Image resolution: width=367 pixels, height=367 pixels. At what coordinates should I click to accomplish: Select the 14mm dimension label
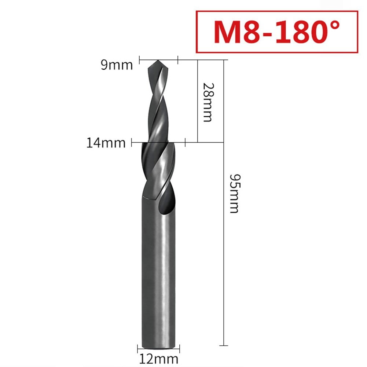106,142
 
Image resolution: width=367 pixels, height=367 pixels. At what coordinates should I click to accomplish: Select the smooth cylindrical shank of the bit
158,275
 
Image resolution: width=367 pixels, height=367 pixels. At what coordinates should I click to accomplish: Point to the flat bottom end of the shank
157,344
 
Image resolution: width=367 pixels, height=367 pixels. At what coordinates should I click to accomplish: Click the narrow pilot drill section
157,103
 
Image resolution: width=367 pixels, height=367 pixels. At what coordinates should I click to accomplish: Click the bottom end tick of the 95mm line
224,345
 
